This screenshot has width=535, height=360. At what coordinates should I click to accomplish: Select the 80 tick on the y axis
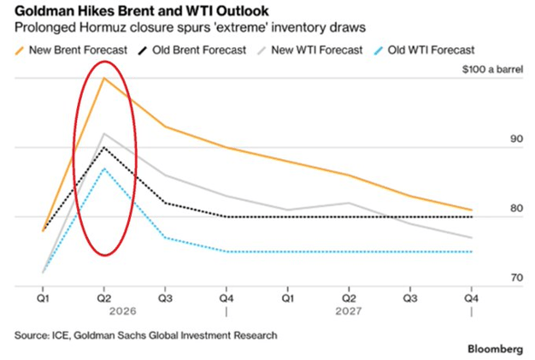pos(493,208)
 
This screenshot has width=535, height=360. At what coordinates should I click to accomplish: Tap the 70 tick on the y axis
pos(493,278)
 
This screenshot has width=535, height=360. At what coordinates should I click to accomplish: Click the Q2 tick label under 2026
pos(103,300)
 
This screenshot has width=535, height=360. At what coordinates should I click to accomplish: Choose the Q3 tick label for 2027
pos(410,300)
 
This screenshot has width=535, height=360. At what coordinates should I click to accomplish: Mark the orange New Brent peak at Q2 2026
pos(103,78)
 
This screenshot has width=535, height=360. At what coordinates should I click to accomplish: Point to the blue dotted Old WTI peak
pos(103,169)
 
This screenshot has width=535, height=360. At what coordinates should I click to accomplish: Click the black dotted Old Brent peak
pos(103,148)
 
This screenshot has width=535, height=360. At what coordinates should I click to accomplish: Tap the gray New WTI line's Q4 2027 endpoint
pos(471,238)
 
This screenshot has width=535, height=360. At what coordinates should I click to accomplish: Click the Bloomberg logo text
pos(497,350)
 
